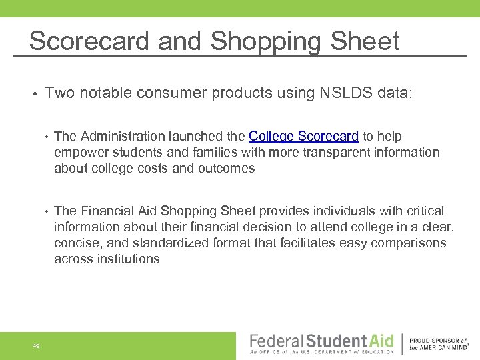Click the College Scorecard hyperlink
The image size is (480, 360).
click(x=303, y=137)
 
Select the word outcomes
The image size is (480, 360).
click(x=227, y=169)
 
